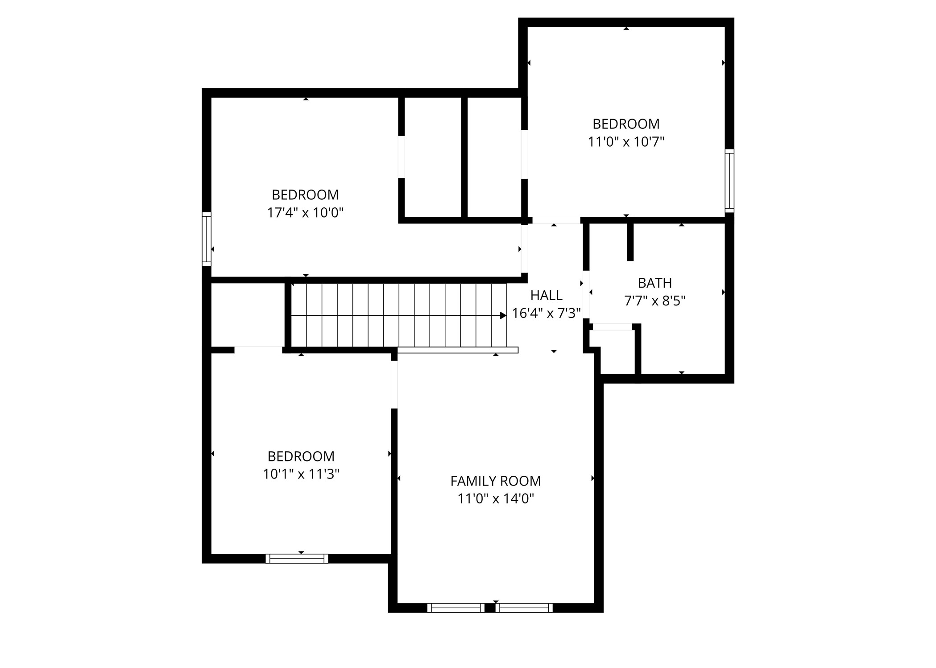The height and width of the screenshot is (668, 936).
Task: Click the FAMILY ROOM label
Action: tap(495, 481)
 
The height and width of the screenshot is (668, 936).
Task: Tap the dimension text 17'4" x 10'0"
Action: tap(305, 213)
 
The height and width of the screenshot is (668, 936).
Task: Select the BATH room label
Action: tap(654, 283)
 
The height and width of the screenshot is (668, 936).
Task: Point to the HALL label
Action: tap(546, 295)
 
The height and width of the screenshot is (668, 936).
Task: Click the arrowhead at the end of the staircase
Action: tap(503, 316)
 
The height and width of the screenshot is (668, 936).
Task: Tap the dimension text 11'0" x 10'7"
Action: tap(626, 142)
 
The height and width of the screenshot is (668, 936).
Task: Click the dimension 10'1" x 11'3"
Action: tap(301, 474)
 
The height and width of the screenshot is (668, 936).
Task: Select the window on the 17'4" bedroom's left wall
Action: tap(207, 239)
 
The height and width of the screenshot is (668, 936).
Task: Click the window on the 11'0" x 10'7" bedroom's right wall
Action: tap(729, 181)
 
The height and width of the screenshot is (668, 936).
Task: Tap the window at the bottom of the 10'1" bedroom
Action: tap(297, 559)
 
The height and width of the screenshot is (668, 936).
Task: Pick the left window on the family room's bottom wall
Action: tap(456, 608)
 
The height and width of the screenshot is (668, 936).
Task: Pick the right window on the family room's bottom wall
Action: tap(524, 608)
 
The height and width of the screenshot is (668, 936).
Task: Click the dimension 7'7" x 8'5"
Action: tap(654, 301)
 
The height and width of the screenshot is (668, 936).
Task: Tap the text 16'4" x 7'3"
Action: tap(546, 313)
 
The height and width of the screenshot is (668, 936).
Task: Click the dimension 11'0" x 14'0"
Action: tap(495, 499)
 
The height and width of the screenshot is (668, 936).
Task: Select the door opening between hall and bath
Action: tap(586, 296)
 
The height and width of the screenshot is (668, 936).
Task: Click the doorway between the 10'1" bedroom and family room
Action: tap(394, 384)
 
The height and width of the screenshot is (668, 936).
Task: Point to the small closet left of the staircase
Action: tap(247, 314)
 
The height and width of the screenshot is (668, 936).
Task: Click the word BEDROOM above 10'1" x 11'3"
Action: tap(301, 456)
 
